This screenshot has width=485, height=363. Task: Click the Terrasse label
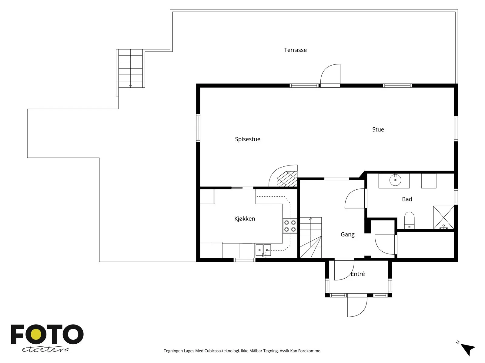point(295,50)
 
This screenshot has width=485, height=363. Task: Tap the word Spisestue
point(247,139)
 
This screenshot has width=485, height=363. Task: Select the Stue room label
point(378,129)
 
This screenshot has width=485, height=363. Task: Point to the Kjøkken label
point(245,219)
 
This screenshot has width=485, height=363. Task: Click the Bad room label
point(407,199)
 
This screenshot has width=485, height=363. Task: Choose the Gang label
point(348,234)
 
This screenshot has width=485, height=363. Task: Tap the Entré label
point(358,274)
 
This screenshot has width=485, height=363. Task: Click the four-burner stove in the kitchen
point(290,226)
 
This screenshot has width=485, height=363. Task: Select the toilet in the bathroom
point(409,221)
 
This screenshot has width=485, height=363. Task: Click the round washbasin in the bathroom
point(395,180)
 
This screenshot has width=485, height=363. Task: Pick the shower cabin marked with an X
point(443,217)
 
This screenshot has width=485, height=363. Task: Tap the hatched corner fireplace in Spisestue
point(287,179)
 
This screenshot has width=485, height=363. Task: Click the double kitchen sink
point(263,250)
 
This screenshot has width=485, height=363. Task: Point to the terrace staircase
point(130,68)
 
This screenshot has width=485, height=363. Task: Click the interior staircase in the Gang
point(310,237)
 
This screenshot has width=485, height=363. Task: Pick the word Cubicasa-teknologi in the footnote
point(222,351)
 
